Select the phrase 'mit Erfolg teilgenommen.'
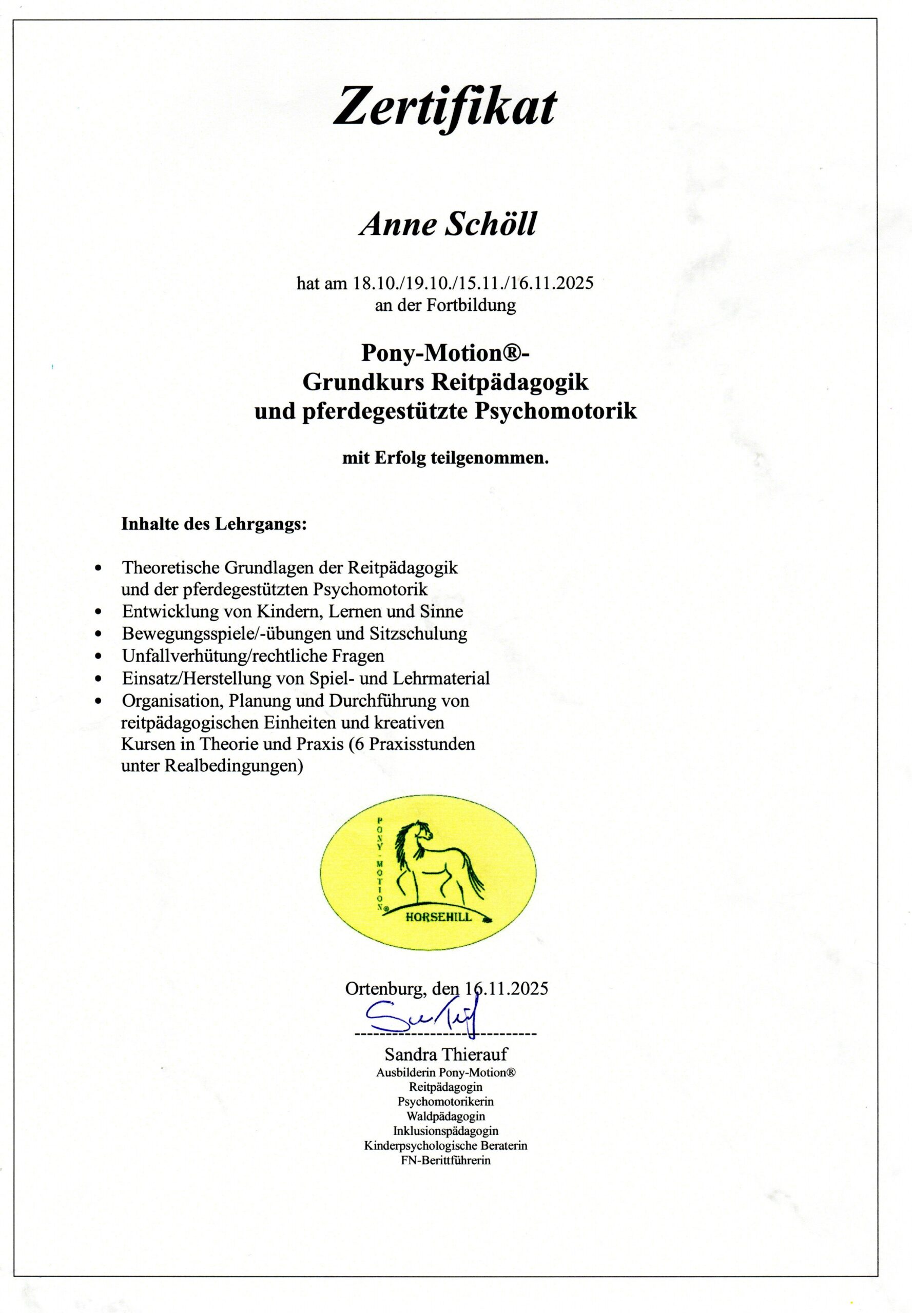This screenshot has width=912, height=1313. pos(445,458)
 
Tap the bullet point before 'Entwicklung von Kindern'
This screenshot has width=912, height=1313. pos(100,612)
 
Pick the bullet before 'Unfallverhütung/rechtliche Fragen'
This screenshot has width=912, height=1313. pos(100,656)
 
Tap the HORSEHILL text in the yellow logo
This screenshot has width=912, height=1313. pos(439,917)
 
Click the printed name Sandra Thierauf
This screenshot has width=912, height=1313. pos(445,1053)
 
